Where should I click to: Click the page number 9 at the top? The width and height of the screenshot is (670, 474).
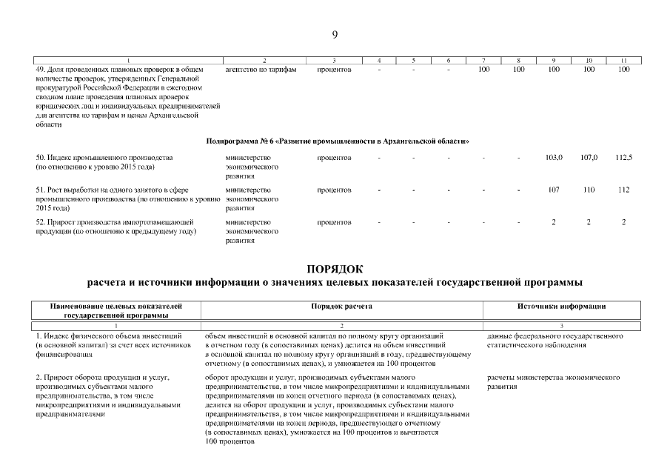pyautogui.click(x=335, y=35)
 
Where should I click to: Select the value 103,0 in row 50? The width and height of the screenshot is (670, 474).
pyautogui.click(x=554, y=158)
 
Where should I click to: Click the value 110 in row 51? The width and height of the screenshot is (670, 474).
pyautogui.click(x=589, y=190)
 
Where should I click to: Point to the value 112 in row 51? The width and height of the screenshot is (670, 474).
pyautogui.click(x=623, y=190)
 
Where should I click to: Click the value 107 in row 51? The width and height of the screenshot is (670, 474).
pyautogui.click(x=554, y=190)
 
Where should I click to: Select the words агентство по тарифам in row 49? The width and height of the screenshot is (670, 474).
pyautogui.click(x=261, y=70)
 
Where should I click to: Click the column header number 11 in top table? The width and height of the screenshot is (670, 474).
pyautogui.click(x=623, y=60)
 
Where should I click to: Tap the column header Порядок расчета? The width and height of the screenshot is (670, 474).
pyautogui.click(x=341, y=306)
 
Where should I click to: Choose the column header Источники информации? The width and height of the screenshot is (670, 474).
pyautogui.click(x=562, y=306)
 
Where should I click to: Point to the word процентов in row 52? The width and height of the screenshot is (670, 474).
pyautogui.click(x=334, y=222)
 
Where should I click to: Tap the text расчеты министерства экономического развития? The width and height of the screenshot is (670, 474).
pyautogui.click(x=553, y=382)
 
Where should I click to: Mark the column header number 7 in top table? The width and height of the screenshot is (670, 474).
pyautogui.click(x=483, y=60)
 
